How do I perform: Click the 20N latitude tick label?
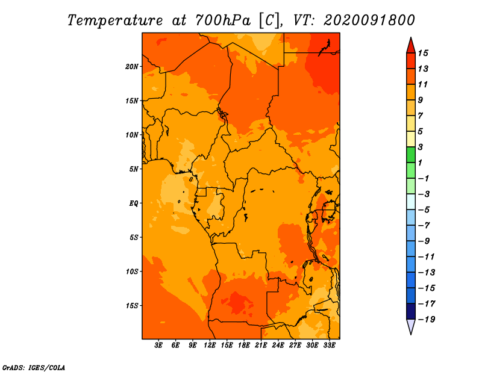[x=131, y=67]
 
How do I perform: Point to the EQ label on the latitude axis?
[x=133, y=203]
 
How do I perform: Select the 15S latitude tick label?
[x=132, y=306]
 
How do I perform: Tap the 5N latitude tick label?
[x=133, y=169]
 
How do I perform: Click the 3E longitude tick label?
[x=158, y=345]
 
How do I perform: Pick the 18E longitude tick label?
[x=244, y=345]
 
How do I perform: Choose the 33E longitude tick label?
[x=329, y=345]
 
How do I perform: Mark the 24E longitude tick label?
[x=278, y=345]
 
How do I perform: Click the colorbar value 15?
[x=423, y=53]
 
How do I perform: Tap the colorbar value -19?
[x=427, y=320]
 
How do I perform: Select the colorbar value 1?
[x=420, y=163]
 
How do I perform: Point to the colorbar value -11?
[x=427, y=257]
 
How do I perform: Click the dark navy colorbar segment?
[x=411, y=311]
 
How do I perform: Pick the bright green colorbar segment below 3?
[x=411, y=155]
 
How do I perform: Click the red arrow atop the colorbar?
[x=411, y=45]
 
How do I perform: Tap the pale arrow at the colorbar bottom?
[x=411, y=326]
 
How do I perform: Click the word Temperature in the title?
[x=115, y=20]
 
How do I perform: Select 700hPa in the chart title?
[x=223, y=20]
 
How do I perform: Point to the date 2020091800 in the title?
[x=369, y=20]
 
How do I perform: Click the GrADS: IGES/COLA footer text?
[x=34, y=368]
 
